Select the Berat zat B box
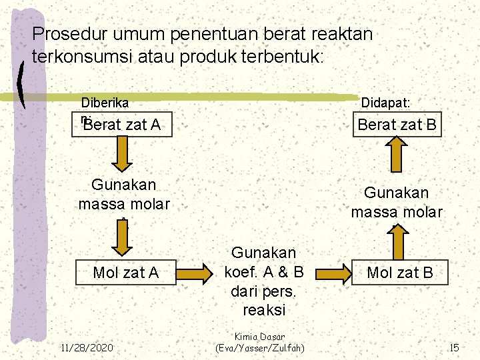point(397,124)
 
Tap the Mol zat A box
point(126,272)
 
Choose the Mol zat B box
point(400,272)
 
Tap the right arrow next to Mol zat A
point(200,273)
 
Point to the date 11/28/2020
point(87,347)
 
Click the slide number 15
point(454,347)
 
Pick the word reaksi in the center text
point(265,310)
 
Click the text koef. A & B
point(265,272)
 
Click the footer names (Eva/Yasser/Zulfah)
point(259,348)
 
